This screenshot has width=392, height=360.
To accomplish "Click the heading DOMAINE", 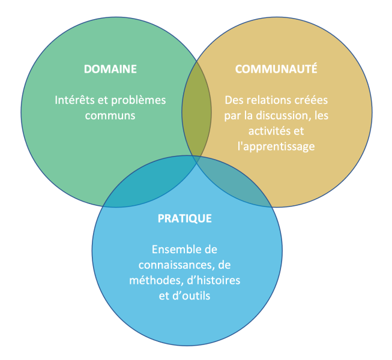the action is [110, 69].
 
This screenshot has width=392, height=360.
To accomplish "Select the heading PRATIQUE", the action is [185, 219].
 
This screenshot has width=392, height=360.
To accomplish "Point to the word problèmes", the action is [139, 101].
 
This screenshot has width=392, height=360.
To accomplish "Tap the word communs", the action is [110, 116].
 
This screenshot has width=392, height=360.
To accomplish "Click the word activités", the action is [268, 131].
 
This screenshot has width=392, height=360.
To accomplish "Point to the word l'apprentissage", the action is [276, 146].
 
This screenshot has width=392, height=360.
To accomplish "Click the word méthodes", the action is [157, 281].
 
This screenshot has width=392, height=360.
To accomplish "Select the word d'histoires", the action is [214, 280].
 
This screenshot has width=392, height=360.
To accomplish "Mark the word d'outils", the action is [191, 296].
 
